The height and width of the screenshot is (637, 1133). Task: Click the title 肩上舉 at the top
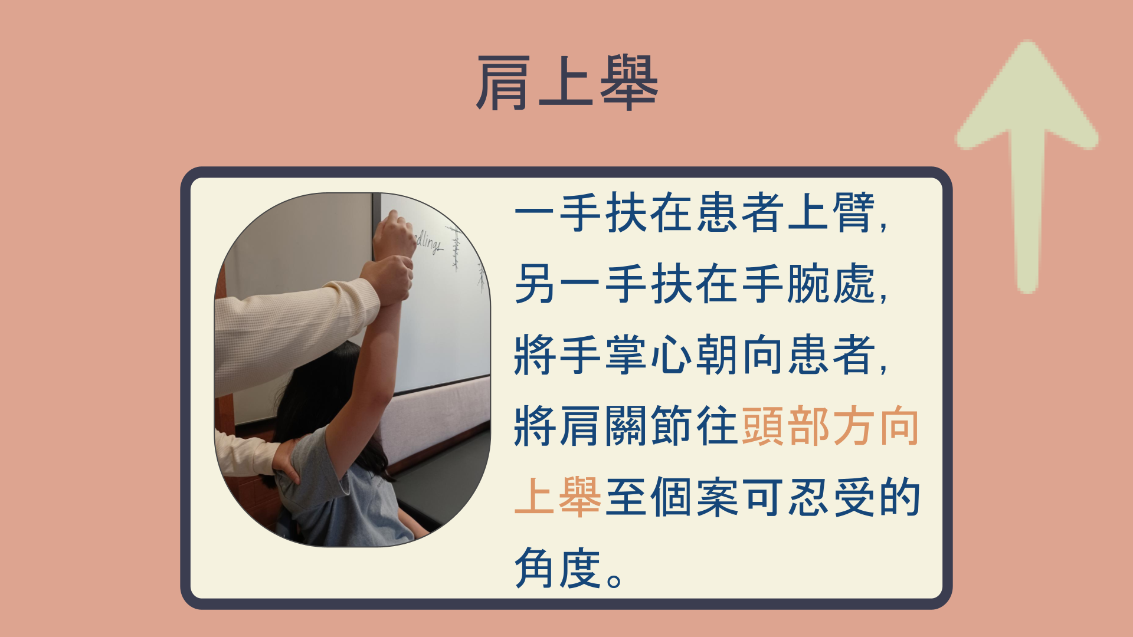567,83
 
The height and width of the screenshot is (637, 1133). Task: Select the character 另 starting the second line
535,284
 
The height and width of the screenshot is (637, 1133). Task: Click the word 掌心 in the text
649,355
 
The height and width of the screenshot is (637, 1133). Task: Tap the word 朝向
740,355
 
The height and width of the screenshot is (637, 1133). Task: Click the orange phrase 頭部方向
830,426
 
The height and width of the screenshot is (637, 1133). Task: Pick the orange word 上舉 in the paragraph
558,497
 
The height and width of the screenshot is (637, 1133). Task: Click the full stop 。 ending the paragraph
614,581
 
